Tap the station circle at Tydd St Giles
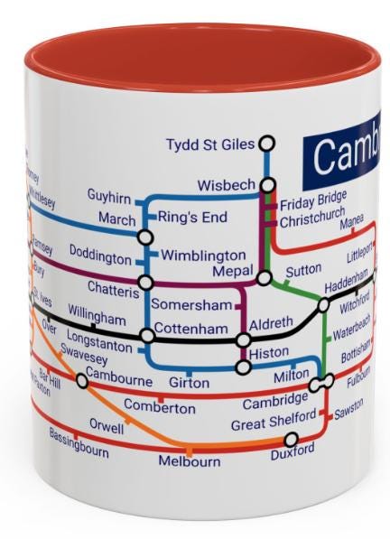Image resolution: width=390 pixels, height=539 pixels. [x=266, y=144]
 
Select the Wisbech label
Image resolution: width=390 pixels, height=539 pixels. [x=227, y=186]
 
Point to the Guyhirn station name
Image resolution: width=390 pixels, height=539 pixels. [x=109, y=196]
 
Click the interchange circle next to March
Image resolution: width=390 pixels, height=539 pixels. [x=145, y=237]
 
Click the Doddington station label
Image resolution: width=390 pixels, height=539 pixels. [x=100, y=258]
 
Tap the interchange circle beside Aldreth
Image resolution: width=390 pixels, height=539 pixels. [x=243, y=340]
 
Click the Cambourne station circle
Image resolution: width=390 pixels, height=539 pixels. [x=82, y=381]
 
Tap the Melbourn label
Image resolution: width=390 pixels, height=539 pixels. [x=190, y=461]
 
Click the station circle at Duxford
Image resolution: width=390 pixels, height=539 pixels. [x=291, y=439]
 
